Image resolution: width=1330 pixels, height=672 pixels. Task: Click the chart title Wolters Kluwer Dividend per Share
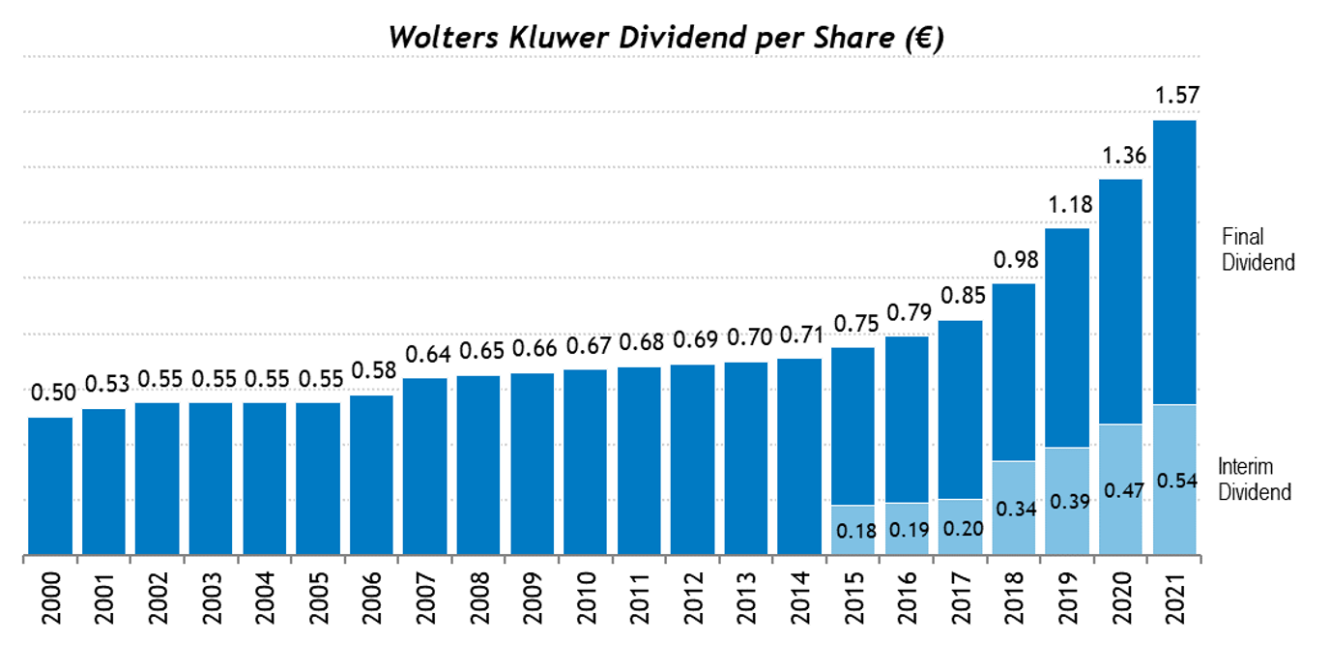click(x=665, y=37)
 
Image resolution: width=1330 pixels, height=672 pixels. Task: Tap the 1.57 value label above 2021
click(x=1174, y=96)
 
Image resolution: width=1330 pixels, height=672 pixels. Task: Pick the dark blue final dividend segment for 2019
click(x=1067, y=337)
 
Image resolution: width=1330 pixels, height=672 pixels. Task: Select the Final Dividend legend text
click(x=1257, y=248)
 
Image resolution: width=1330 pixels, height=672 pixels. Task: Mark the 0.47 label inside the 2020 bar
click(x=1121, y=490)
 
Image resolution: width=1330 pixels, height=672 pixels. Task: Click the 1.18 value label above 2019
click(x=1067, y=205)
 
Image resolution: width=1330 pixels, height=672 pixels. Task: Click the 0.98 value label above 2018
click(x=1014, y=260)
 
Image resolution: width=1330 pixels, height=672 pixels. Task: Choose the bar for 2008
click(x=478, y=465)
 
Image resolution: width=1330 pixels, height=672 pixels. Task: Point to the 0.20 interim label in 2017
click(x=959, y=529)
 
